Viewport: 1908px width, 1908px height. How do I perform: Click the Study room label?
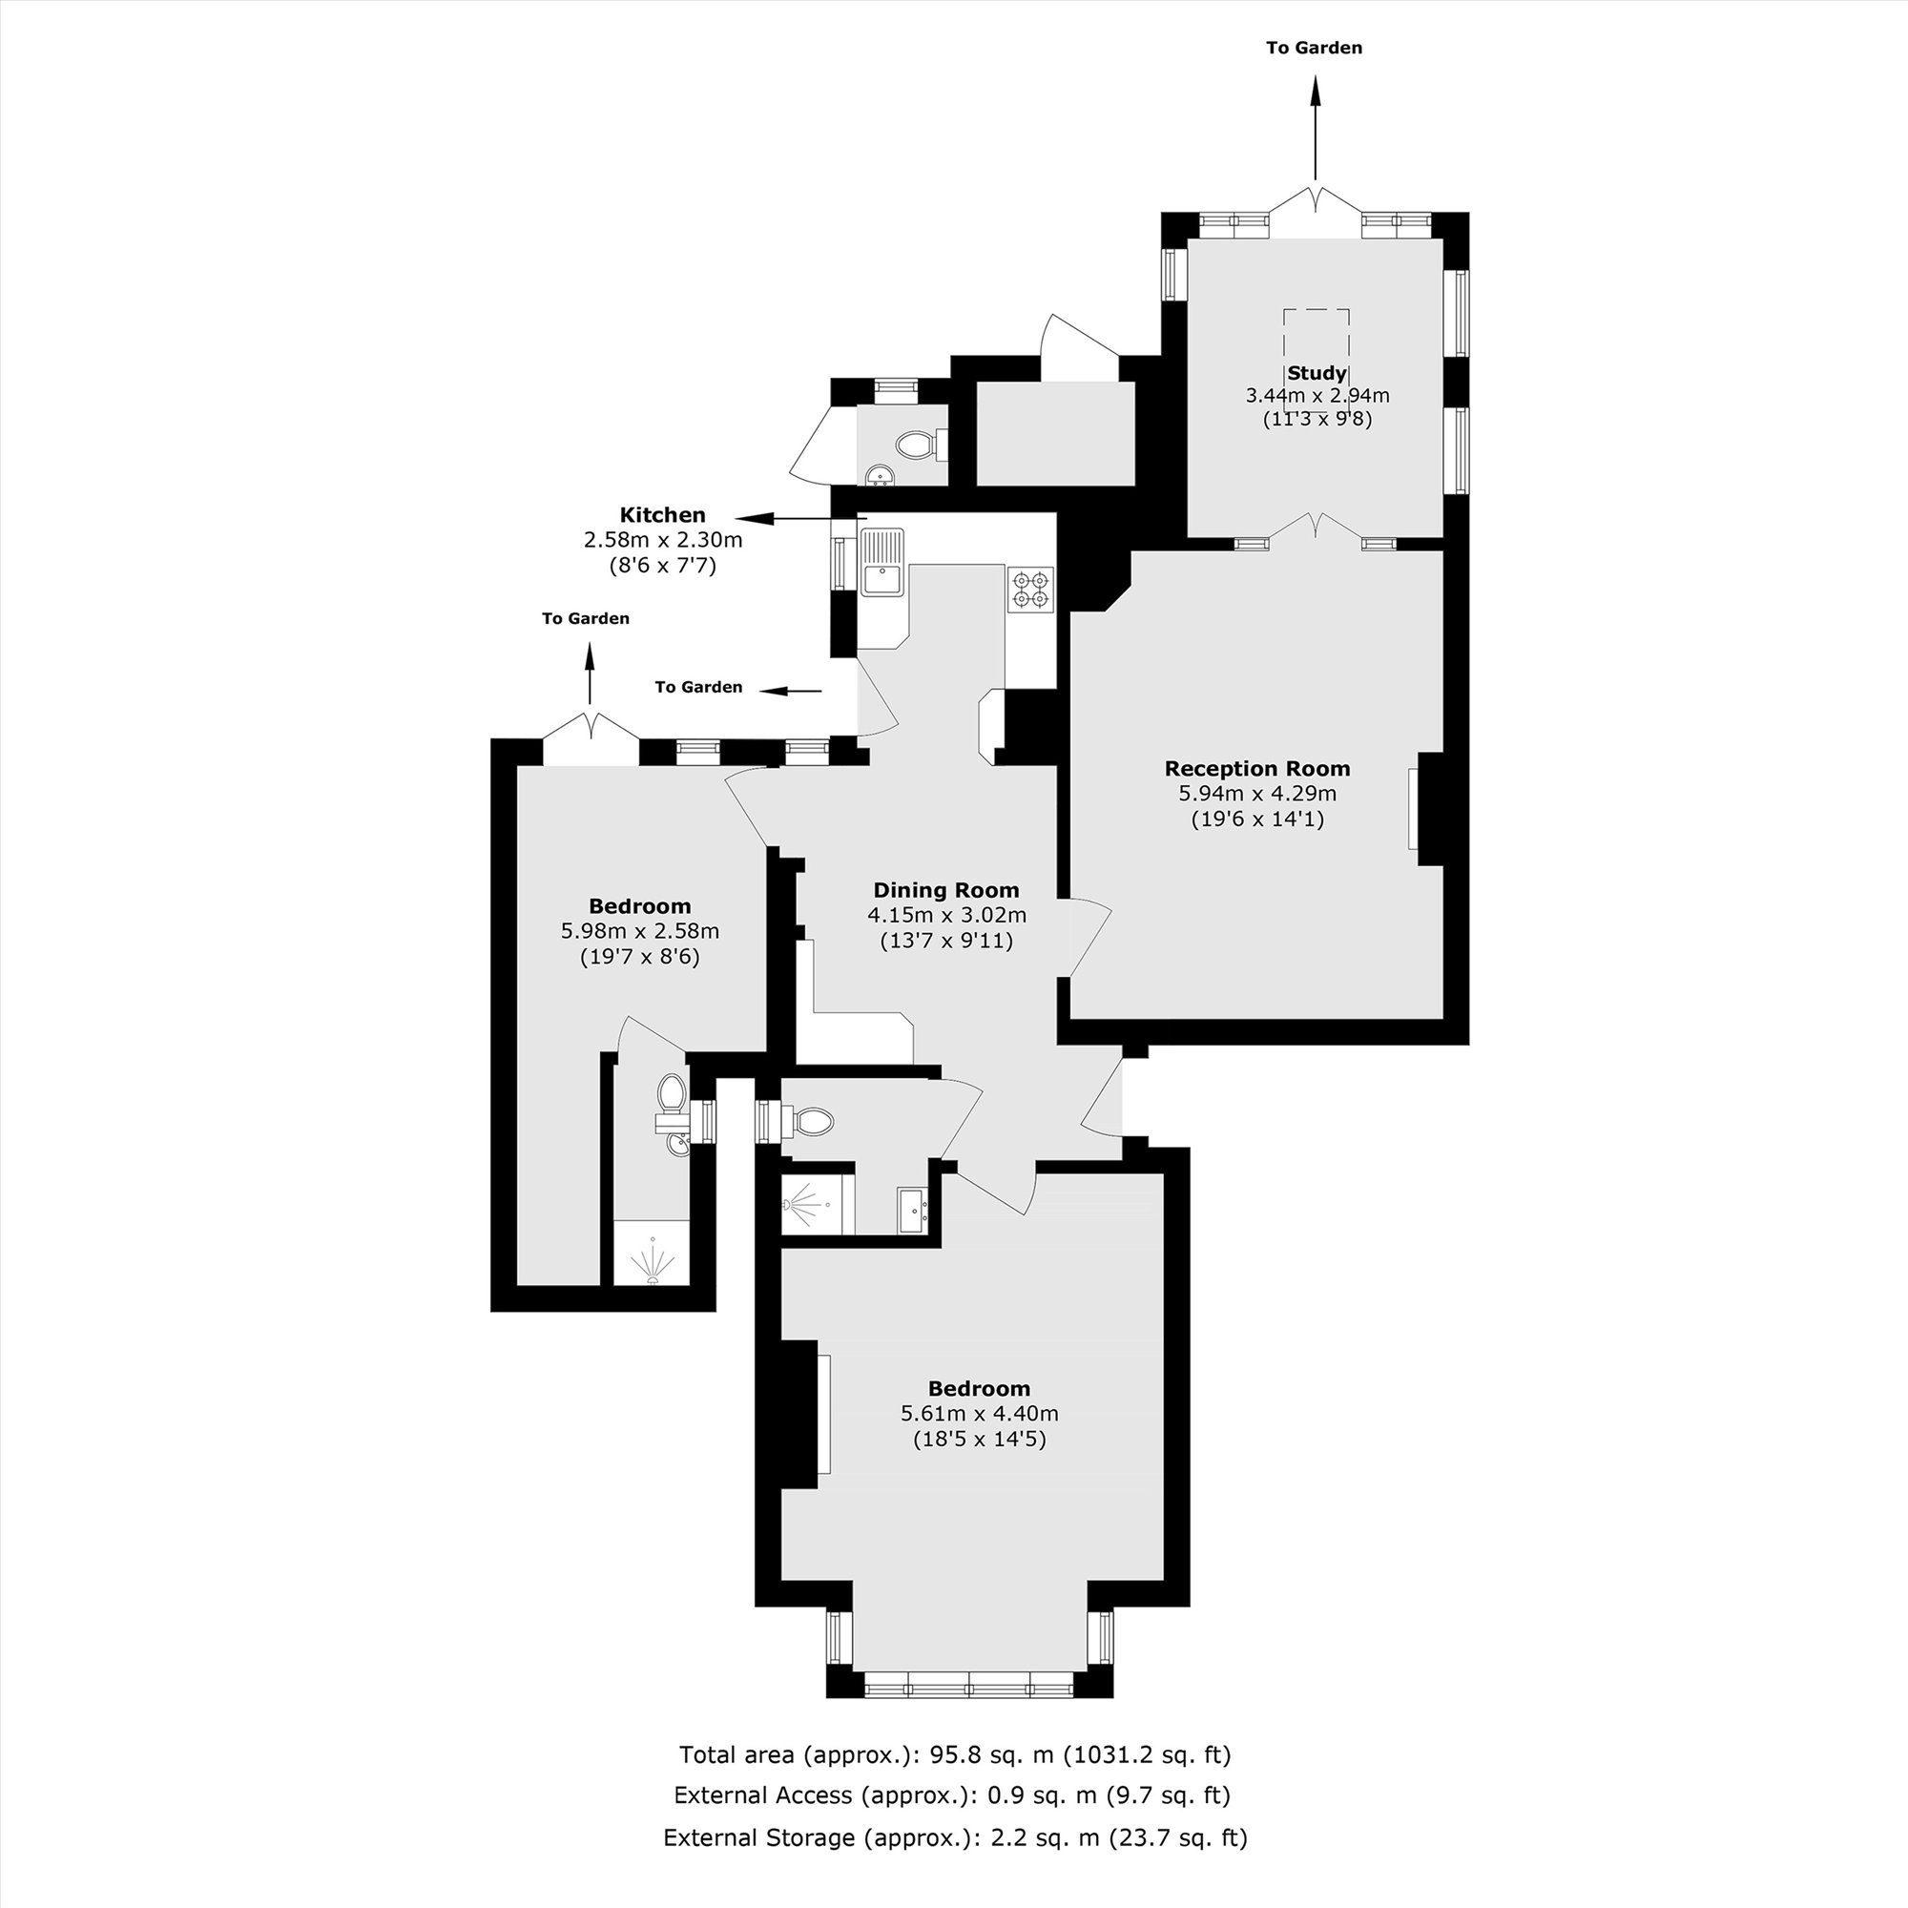(x=1317, y=373)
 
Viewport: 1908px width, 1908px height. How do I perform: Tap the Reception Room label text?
(x=1257, y=768)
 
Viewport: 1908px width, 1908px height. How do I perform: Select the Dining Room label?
(x=946, y=890)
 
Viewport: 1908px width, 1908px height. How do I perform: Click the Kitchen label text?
(x=663, y=514)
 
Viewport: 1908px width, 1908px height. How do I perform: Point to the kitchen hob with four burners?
(x=1031, y=589)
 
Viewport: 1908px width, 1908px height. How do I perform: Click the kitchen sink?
(x=881, y=563)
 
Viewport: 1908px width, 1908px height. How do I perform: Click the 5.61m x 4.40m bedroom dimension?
(x=980, y=1413)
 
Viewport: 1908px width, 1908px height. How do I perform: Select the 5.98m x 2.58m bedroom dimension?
(x=640, y=930)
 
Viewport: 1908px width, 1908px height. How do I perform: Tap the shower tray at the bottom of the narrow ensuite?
(x=652, y=1254)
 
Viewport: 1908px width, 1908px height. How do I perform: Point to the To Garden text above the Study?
(x=1315, y=48)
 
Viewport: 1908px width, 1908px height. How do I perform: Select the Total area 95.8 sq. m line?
(x=955, y=1755)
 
